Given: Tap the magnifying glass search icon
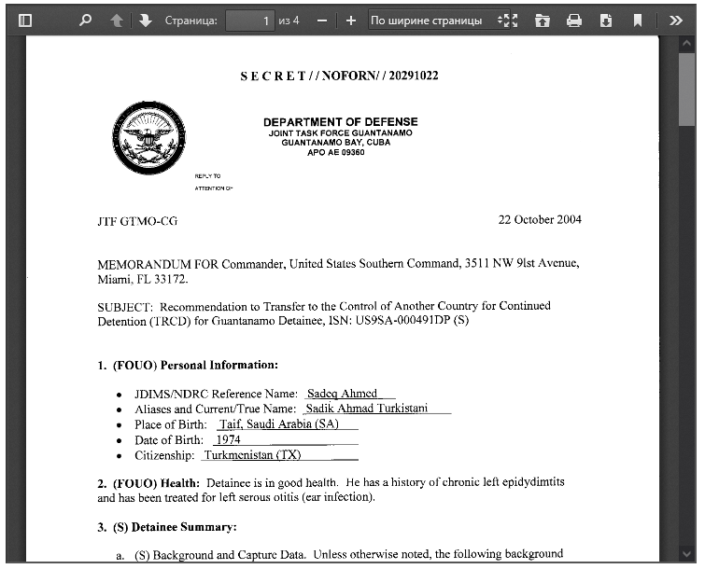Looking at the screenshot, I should (x=86, y=20).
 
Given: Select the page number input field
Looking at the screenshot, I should (x=249, y=20).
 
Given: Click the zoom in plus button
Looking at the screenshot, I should (x=350, y=20).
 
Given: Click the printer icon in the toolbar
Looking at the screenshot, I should (x=574, y=20).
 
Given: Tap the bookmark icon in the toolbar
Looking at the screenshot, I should (x=638, y=20).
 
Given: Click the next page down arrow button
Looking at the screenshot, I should (x=146, y=20).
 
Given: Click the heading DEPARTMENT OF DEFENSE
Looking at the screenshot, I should (x=340, y=122).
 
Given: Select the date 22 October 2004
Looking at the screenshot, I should (x=540, y=220).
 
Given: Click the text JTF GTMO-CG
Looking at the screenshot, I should (x=137, y=222).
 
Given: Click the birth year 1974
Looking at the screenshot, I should (x=228, y=439).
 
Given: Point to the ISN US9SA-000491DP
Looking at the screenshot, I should (x=411, y=321).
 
